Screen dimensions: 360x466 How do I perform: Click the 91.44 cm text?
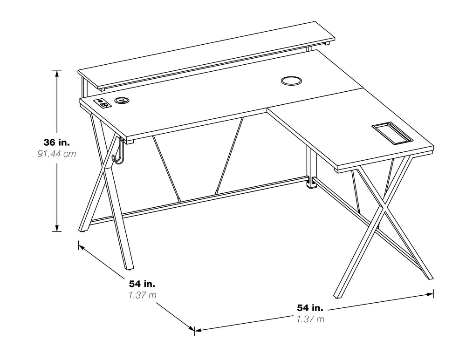point(57,154)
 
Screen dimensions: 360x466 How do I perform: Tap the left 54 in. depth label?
point(142,284)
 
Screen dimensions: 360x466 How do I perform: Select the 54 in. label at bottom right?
point(310,308)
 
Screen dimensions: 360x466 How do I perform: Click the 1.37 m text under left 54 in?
point(142,295)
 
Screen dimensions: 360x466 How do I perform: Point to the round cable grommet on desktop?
point(291,81)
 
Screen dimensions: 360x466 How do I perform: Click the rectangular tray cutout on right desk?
point(392,133)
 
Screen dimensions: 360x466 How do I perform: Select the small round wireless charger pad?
point(122,100)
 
